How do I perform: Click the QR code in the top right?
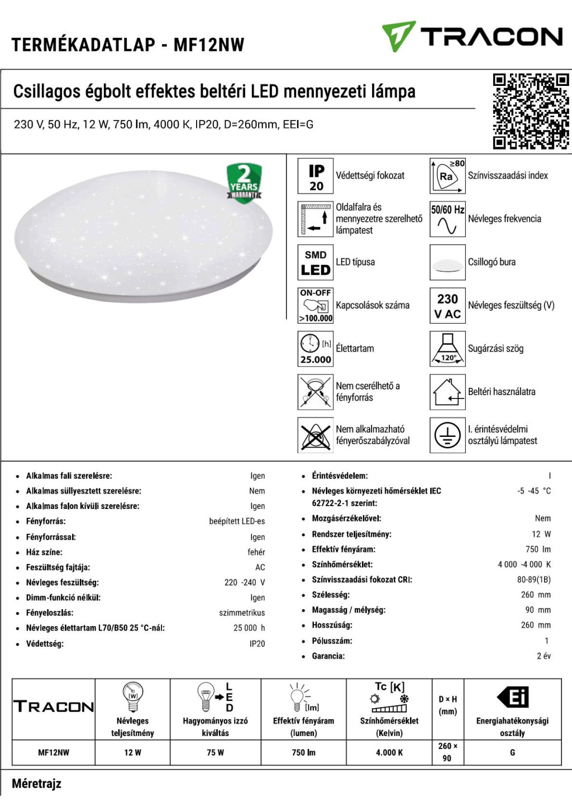[530, 111]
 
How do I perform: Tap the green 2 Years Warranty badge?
[244, 183]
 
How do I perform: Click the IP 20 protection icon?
[316, 176]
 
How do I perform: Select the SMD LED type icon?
[316, 262]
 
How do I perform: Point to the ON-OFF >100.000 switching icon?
[316, 305]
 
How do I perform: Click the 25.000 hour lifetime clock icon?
[316, 349]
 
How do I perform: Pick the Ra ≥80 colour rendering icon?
[447, 176]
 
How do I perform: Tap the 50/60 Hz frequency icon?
[447, 219]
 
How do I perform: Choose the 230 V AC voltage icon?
[447, 305]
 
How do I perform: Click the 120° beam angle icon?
[447, 349]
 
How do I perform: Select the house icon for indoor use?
[447, 392]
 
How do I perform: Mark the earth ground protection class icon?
[447, 435]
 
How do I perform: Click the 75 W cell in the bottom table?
[215, 752]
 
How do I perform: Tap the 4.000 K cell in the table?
[389, 752]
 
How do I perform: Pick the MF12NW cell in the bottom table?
[54, 752]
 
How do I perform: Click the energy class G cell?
[512, 752]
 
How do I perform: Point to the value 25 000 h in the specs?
[249, 628]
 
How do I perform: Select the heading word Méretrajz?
[37, 783]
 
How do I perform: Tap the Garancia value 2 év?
[544, 656]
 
